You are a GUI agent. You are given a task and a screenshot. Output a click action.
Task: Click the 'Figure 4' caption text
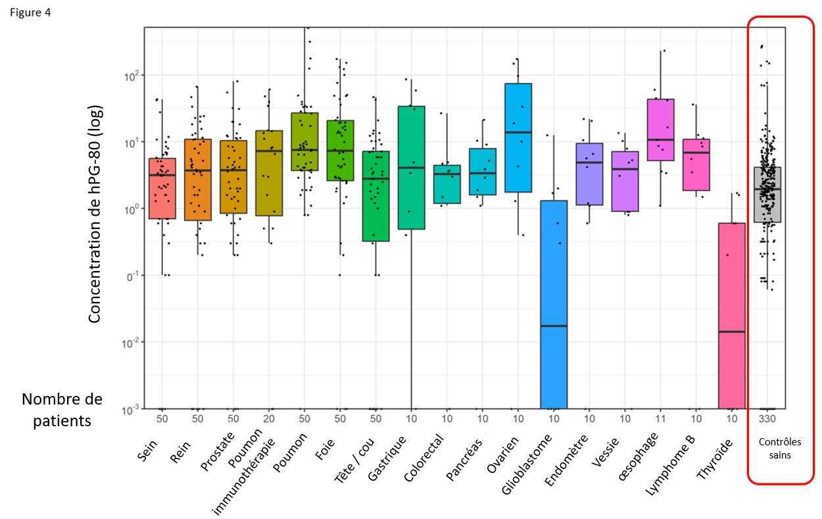(x=30, y=12)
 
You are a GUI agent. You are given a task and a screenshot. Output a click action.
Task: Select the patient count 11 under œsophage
(x=660, y=419)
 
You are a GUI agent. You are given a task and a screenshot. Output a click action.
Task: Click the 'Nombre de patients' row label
(x=62, y=410)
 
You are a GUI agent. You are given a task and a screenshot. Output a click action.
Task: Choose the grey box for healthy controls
(x=767, y=195)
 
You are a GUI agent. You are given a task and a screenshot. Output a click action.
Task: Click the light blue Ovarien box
(x=518, y=137)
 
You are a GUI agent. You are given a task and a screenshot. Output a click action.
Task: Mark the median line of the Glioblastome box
(x=553, y=326)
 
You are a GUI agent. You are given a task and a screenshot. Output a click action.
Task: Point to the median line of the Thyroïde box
(x=731, y=332)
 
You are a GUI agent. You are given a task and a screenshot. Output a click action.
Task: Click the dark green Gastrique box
(x=411, y=168)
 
